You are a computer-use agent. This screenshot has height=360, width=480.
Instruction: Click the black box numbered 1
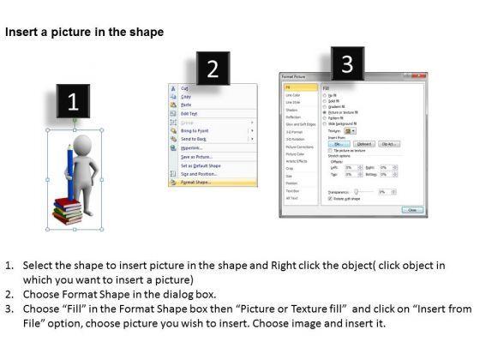pos(74,102)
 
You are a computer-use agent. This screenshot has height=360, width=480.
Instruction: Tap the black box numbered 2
pos(213,69)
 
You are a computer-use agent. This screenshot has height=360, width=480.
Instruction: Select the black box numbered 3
pos(345,62)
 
